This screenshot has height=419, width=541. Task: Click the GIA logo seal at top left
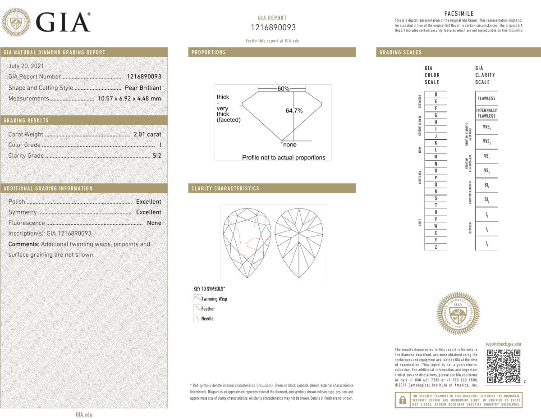point(16,22)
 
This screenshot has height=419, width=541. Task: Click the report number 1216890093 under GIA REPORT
point(273,27)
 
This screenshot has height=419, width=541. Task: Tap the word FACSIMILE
point(459,14)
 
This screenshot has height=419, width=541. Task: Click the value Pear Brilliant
point(143,88)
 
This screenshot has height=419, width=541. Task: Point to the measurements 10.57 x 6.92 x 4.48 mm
point(129,99)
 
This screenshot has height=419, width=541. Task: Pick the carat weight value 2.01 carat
point(147,134)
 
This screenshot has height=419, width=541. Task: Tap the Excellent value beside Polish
point(148,202)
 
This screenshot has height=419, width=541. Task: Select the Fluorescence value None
point(154,223)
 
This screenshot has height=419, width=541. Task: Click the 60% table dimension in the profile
point(283,89)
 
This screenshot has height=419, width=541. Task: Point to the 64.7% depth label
point(294,110)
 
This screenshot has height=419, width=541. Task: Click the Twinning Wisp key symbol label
point(214,299)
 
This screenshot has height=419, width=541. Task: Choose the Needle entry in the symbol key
point(207,319)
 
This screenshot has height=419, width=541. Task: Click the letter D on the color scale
point(436,95)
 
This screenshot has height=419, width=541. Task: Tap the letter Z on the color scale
point(436,247)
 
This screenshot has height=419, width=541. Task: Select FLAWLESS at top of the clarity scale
point(486,98)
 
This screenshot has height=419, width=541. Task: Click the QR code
point(504,366)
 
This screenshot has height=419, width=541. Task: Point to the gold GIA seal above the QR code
point(458,313)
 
